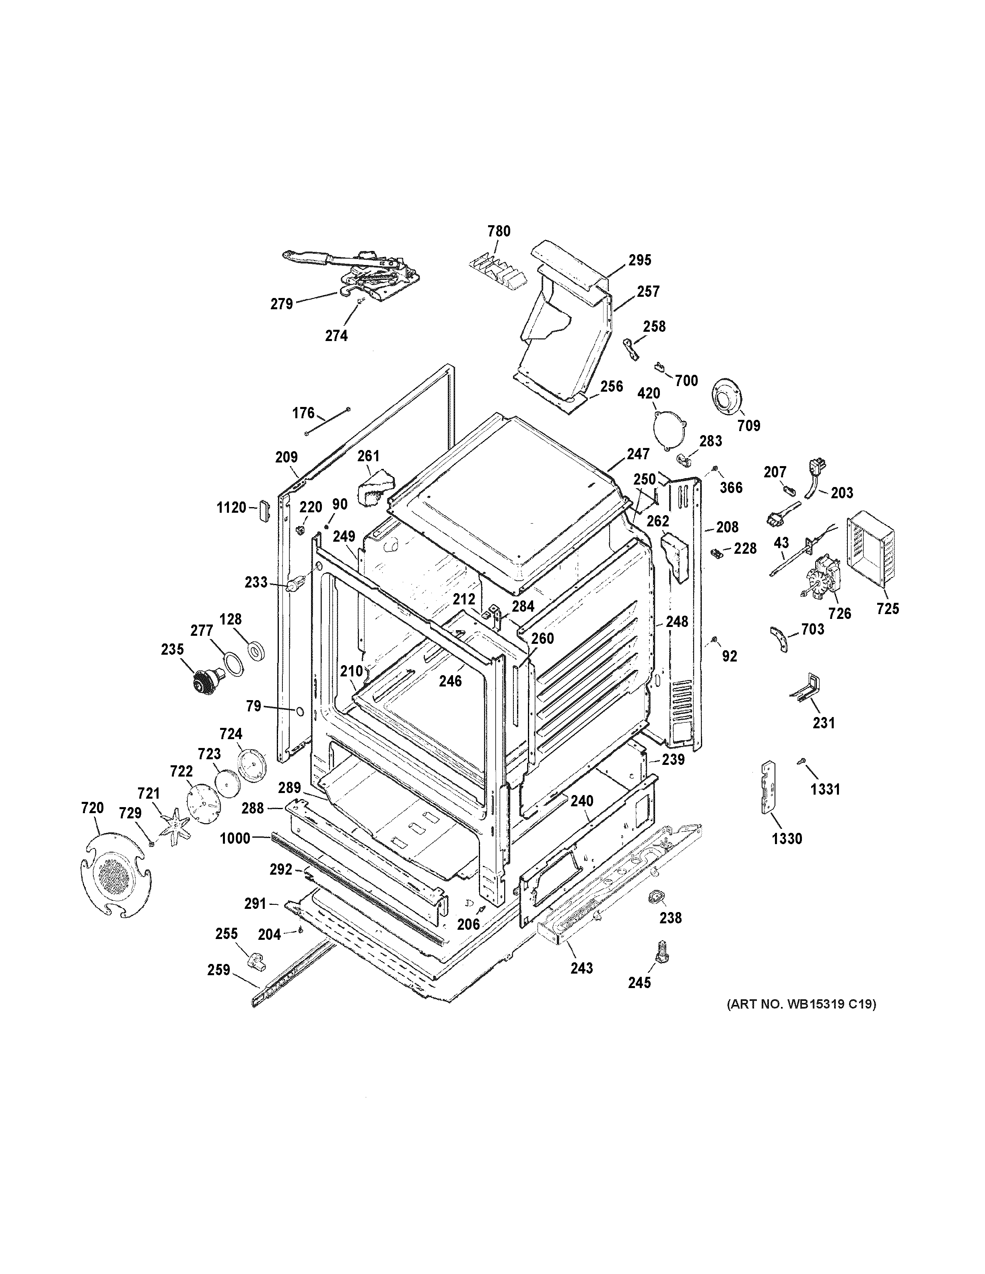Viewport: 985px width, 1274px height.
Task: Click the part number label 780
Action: point(499,232)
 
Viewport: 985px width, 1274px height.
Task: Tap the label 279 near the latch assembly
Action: point(281,304)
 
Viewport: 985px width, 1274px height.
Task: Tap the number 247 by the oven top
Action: point(639,453)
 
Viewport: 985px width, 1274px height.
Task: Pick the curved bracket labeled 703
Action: point(779,639)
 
